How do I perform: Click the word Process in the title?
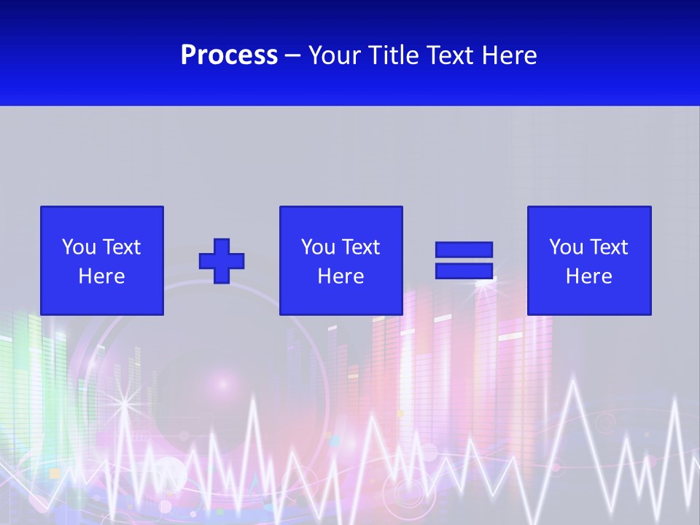(x=229, y=55)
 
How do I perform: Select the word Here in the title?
(x=510, y=55)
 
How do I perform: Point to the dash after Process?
(x=293, y=55)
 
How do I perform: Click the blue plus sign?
(x=222, y=261)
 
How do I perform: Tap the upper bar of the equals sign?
(x=464, y=250)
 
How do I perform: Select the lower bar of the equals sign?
(x=464, y=271)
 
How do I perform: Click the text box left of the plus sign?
(x=102, y=260)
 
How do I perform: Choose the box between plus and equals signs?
(x=341, y=260)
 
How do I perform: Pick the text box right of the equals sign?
(x=588, y=260)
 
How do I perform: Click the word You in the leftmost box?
(x=79, y=247)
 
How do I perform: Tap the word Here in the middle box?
(x=341, y=276)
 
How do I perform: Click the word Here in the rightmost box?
(x=588, y=276)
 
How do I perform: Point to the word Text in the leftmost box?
(x=120, y=247)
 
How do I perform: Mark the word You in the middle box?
(x=318, y=247)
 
